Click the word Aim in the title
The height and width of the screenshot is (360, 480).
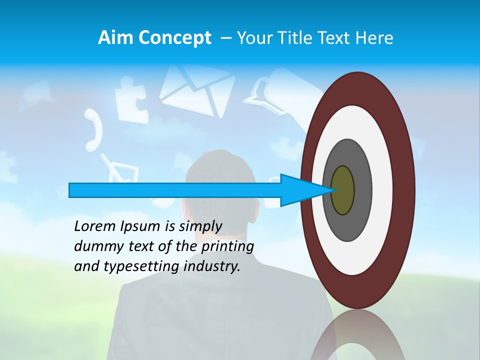(x=116, y=38)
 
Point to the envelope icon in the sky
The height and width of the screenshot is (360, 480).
(x=197, y=90)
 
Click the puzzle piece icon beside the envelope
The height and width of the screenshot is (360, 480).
(x=131, y=102)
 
